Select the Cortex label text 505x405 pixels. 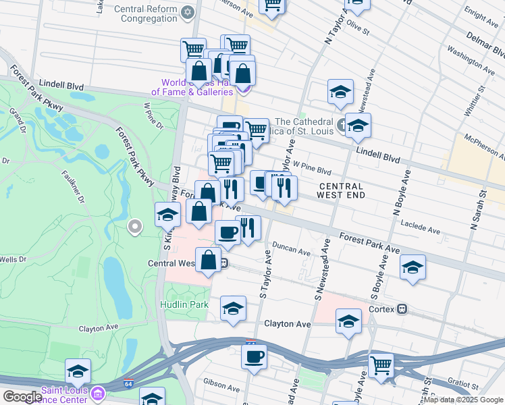coord(382,308)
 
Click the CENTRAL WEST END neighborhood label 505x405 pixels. coord(341,190)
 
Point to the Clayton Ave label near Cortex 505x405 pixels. coord(288,324)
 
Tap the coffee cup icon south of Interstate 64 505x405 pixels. coord(254,356)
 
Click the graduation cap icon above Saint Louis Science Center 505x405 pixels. coord(78,371)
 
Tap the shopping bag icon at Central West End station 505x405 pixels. coord(209,260)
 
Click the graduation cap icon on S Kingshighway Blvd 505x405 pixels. coord(167,215)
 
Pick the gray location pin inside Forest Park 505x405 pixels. coord(135,227)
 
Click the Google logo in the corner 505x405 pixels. coord(22,397)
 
